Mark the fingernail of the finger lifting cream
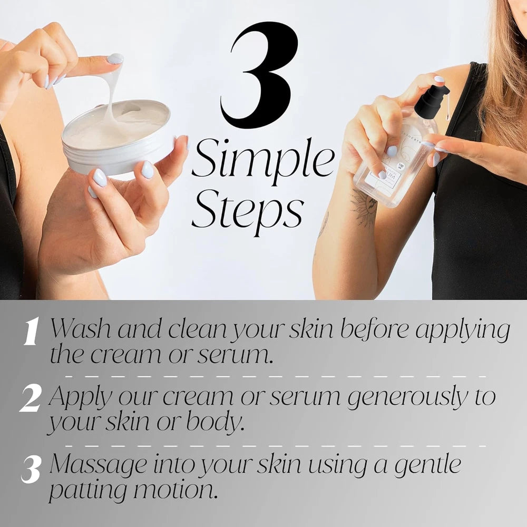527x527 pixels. click(115, 58)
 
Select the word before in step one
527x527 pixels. click(375, 330)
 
